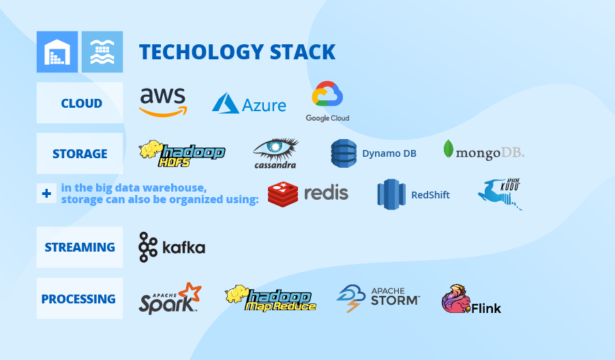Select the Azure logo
click(249, 104)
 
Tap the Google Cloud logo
click(327, 102)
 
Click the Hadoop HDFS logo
click(182, 153)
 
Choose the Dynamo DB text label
click(389, 153)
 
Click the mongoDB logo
click(483, 151)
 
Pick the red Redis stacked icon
click(283, 194)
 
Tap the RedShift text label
click(430, 195)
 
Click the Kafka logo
click(172, 247)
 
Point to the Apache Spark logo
click(170, 298)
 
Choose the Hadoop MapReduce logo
click(271, 298)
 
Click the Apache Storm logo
click(378, 298)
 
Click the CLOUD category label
click(81, 104)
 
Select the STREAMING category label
click(80, 247)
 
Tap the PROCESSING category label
click(78, 299)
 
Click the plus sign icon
click(46, 194)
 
